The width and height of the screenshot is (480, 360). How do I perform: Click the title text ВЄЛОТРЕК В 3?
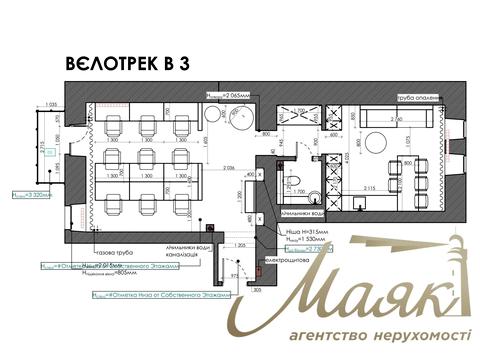(127, 64)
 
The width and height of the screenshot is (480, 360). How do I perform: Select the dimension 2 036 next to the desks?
(228, 169)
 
